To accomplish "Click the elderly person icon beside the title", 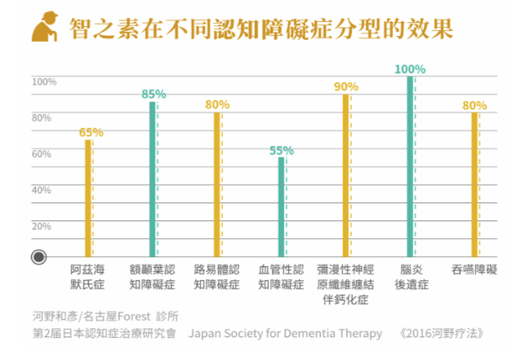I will pos(43,29).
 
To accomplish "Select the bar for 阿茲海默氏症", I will pos(87,198).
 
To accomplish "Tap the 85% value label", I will pos(153,95).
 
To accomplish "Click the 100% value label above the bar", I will pos(409,69).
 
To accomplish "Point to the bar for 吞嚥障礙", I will pos(474,184).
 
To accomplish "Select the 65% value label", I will pos(91,132).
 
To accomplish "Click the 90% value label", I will pos(346,87).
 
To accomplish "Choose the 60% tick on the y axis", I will pos(42,153).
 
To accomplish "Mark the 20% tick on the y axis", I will pos(42,226).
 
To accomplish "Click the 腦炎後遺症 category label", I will pos(410,277).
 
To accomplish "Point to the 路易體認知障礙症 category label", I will pos(216,277).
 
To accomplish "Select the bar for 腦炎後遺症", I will pos(409,167).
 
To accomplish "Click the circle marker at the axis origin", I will pos(38,257).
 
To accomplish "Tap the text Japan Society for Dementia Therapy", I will pos(285,333).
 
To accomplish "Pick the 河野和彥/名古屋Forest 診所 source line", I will pos(105,316).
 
